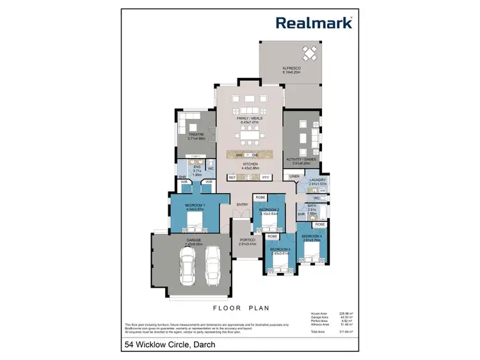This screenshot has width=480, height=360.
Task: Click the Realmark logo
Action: [314, 22]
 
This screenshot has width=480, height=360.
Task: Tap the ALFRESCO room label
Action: [291, 68]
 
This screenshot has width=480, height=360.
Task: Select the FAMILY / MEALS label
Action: [249, 118]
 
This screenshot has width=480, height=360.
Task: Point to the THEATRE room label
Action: [195, 134]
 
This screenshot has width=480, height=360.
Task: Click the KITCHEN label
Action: [250, 164]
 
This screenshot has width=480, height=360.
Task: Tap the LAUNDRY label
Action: [318, 180]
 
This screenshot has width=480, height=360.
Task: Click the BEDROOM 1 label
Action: [194, 206]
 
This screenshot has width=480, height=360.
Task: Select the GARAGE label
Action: [193, 240]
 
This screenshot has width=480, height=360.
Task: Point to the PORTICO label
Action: [247, 241]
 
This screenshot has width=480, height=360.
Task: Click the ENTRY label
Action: [242, 205]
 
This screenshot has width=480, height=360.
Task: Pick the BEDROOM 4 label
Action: [311, 237]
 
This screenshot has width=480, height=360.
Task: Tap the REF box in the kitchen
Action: [232, 177]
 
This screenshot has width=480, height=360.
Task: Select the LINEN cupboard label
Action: [294, 176]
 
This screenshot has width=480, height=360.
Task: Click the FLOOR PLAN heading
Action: [239, 307]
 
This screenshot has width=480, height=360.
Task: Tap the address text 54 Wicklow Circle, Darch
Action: [170, 345]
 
